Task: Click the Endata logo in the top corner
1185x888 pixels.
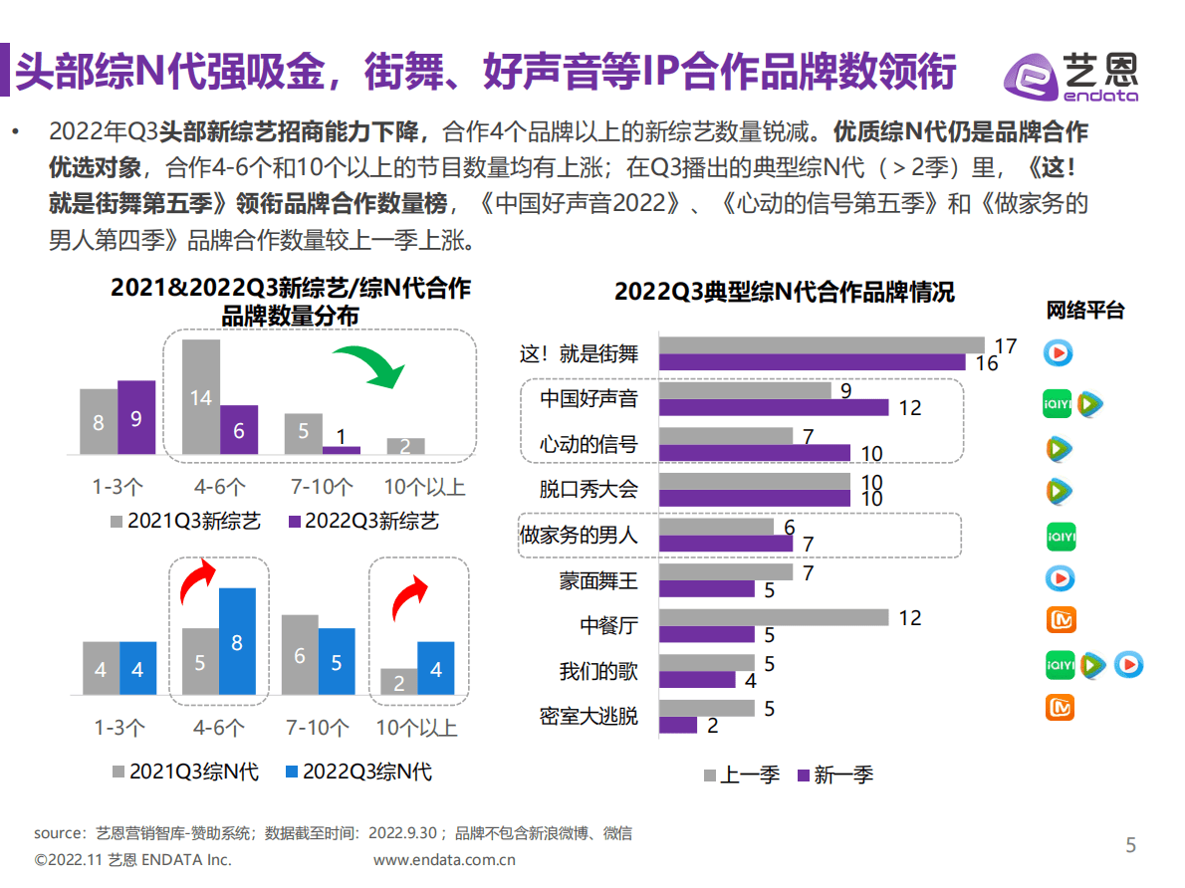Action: [x=1070, y=76]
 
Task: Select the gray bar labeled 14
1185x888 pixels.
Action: [x=201, y=397]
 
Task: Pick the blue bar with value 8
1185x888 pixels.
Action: [x=237, y=641]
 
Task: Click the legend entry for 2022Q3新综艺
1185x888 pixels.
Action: [x=362, y=521]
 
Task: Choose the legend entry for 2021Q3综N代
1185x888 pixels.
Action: [x=185, y=772]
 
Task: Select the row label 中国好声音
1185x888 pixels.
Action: [x=589, y=399]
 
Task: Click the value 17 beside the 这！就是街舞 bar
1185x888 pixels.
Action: [x=1005, y=346]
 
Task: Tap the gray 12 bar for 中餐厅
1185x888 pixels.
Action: [x=774, y=618]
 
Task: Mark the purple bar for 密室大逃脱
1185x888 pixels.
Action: [x=678, y=726]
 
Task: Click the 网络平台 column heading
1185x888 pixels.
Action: [x=1084, y=311]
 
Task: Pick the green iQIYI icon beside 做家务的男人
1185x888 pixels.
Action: [x=1061, y=537]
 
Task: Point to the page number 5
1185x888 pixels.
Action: [x=1130, y=845]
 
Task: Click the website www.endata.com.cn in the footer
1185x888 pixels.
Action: [x=444, y=860]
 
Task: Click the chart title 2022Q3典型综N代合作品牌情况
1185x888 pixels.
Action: [x=784, y=292]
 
